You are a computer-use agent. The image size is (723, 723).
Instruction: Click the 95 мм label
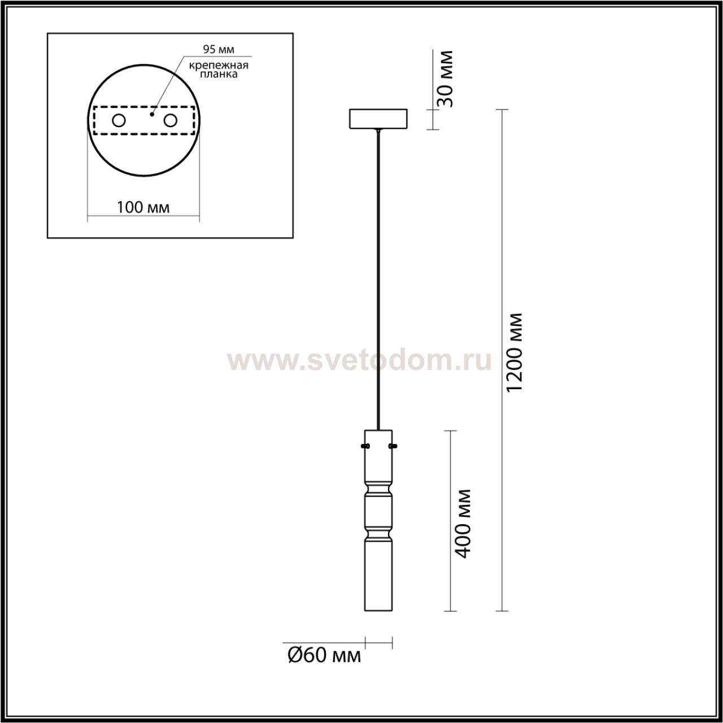point(219,49)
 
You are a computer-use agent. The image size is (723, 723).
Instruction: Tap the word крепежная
point(219,66)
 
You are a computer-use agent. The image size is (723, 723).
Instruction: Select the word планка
point(219,74)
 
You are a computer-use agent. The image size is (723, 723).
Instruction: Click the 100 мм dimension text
point(143,207)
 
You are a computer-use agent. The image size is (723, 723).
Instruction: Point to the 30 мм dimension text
point(445,79)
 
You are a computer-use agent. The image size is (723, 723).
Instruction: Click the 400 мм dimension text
point(462,524)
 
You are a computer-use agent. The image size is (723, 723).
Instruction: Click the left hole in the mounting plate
point(119,120)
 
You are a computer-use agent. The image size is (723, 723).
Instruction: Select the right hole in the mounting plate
point(170,120)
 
